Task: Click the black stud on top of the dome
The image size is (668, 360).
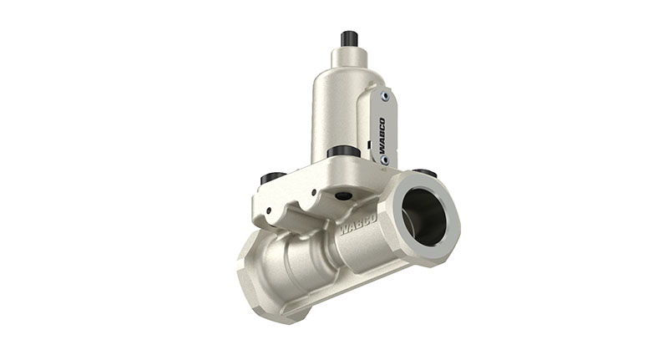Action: coord(349,38)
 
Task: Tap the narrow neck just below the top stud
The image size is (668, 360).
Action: coord(349,57)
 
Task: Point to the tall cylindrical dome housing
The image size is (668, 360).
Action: coord(335,109)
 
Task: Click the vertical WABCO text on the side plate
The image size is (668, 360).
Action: coord(382,129)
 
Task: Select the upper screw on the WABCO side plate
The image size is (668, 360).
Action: coord(385,97)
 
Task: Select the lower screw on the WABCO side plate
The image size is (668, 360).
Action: coord(384,159)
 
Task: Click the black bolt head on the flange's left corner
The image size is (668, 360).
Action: coord(273,178)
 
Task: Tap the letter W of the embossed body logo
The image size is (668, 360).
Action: coord(344,229)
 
